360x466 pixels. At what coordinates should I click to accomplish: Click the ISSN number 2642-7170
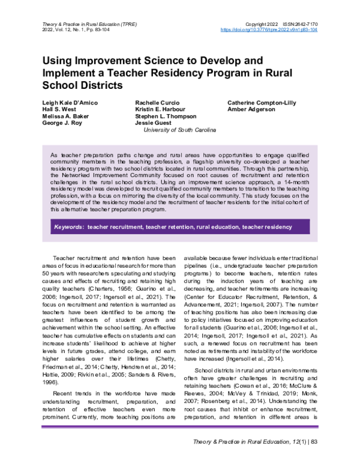coord(298,22)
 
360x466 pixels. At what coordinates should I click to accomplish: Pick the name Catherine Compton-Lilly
coord(261,103)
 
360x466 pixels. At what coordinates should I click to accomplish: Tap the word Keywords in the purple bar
coord(68,228)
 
